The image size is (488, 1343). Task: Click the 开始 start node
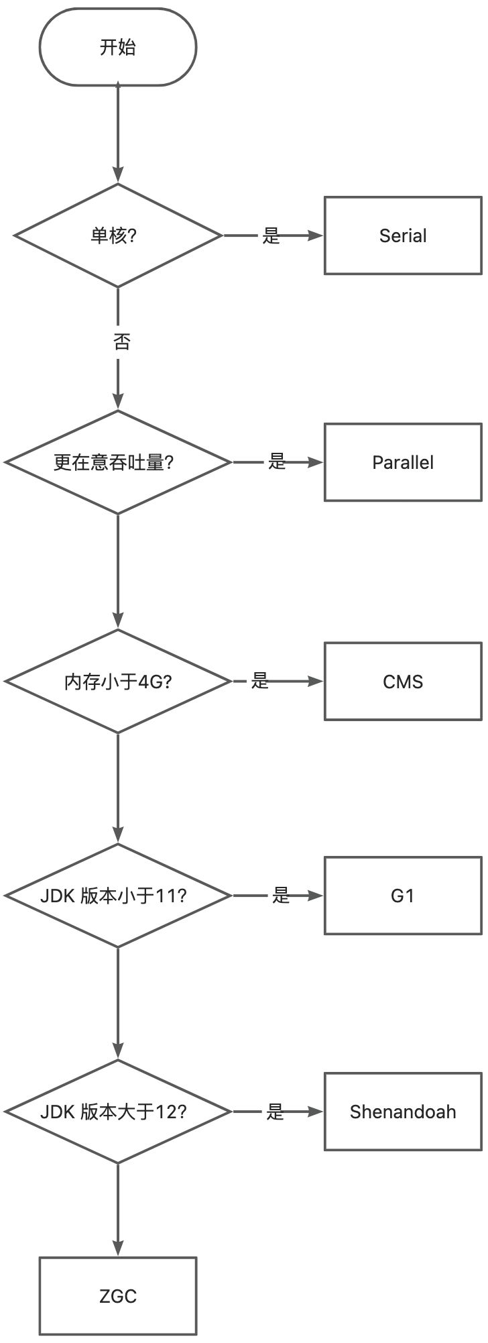118,48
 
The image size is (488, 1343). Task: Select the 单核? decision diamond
118,235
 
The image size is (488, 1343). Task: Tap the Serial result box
403,235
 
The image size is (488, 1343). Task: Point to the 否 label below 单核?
121,342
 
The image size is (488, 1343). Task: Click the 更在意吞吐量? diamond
118,462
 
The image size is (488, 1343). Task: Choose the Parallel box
403,462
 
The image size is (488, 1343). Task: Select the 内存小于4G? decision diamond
118,682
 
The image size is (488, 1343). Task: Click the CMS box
403,682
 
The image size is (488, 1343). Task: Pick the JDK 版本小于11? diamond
118,896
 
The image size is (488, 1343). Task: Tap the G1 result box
403,896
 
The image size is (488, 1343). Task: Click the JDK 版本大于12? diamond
118,1112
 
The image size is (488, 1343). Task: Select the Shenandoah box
403,1112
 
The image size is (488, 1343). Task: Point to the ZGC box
118,1296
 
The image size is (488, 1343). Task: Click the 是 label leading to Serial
271,235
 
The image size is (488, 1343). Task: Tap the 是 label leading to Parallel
277,462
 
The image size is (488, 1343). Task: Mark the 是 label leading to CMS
260,681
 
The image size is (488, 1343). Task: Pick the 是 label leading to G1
281,895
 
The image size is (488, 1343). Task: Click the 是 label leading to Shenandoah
276,1112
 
